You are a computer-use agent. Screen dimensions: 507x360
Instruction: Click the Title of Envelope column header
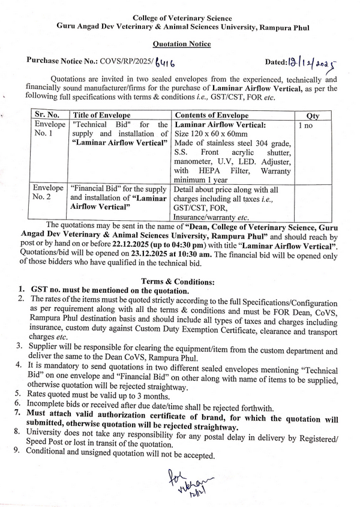click(x=103, y=115)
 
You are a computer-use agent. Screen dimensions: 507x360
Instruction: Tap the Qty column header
click(x=313, y=115)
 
